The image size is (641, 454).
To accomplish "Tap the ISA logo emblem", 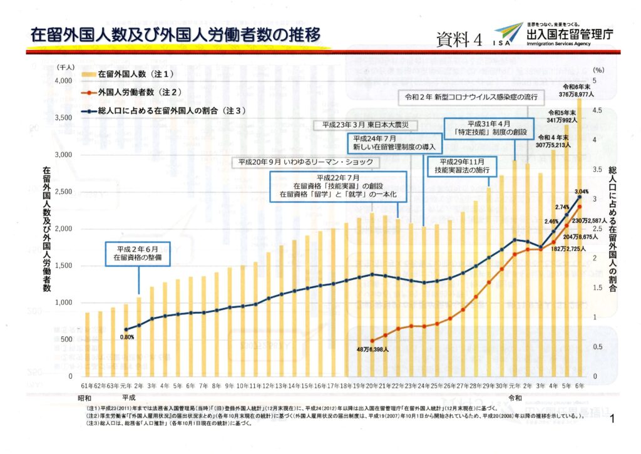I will (507, 34).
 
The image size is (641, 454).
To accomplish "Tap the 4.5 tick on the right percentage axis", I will (597, 110).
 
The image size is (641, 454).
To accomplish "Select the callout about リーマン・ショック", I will (305, 162).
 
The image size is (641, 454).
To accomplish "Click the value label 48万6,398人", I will (374, 349).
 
